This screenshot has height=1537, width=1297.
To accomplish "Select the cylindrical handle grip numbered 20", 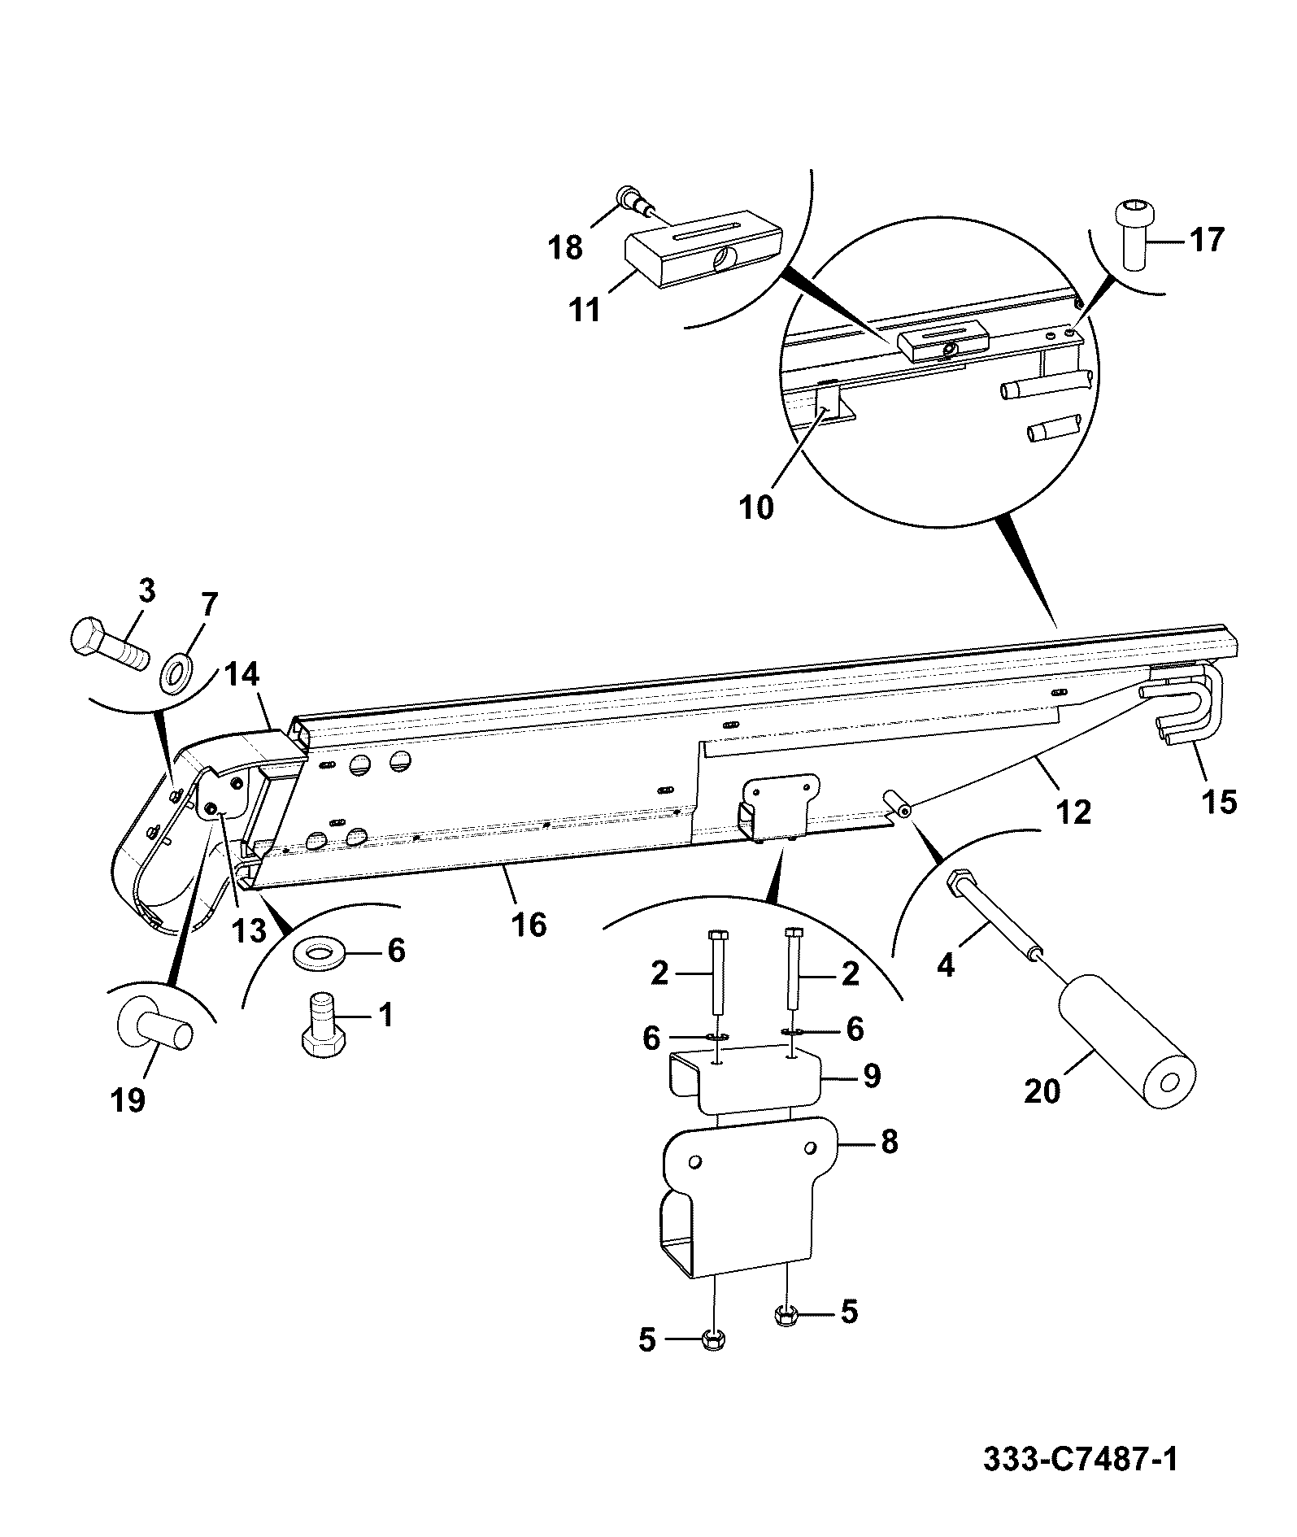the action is [x=1125, y=1047].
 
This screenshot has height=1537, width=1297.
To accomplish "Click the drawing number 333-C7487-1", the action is [x=1081, y=1457].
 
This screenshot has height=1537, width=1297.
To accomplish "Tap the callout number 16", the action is [x=529, y=925].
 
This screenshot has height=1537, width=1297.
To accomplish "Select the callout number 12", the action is [x=1073, y=812].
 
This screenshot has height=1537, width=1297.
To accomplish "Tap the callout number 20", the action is [x=1042, y=1091].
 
